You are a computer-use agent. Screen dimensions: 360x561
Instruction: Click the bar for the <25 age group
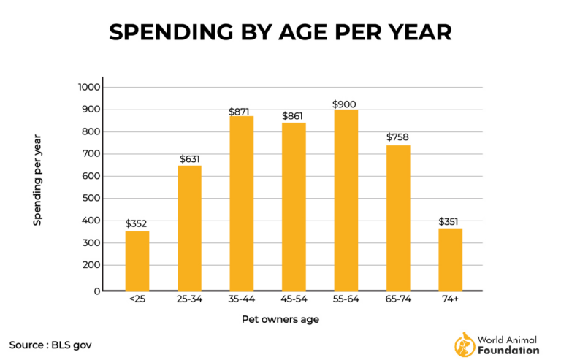coord(137,261)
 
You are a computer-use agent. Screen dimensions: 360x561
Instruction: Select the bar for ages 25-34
coord(189,228)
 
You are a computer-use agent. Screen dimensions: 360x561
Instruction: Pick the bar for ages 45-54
coord(294,206)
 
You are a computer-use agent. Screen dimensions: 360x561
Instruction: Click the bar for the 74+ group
coord(450,259)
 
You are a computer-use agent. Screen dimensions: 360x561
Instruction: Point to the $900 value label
coord(345,104)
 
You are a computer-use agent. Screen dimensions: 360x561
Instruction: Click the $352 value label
coord(137,223)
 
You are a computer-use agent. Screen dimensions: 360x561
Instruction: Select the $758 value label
coord(397,137)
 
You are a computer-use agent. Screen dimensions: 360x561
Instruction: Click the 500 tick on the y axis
coord(93,199)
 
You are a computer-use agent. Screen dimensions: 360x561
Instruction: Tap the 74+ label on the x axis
coord(450,299)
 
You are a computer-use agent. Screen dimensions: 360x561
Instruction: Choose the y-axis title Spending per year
coord(37,179)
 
